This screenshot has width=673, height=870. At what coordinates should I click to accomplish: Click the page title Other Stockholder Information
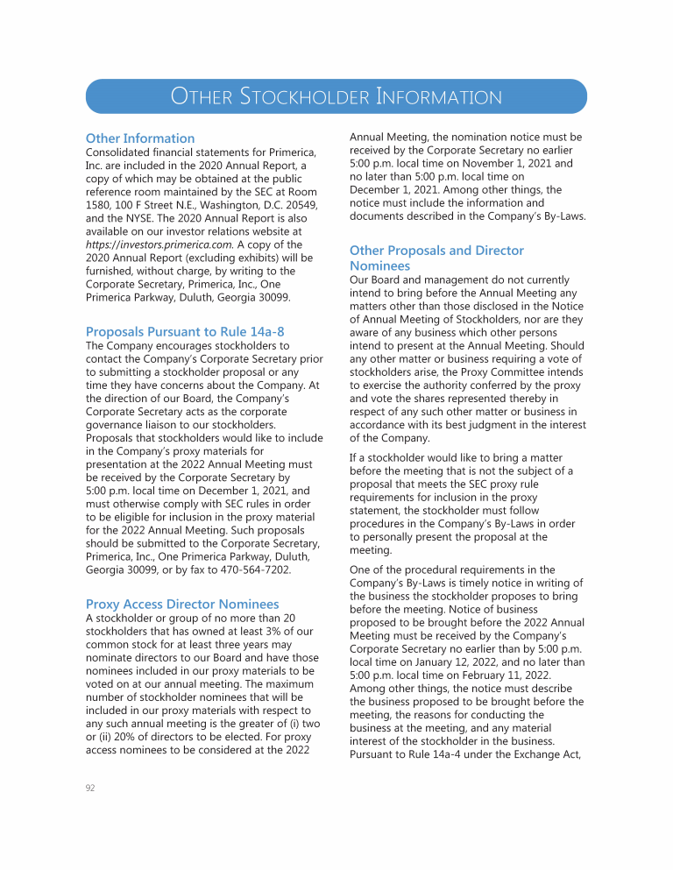click(336, 96)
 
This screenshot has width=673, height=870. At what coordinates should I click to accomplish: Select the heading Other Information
click(140, 138)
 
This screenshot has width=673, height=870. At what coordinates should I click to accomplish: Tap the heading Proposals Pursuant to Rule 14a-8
click(185, 332)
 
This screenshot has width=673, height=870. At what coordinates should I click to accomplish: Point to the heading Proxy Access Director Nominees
click(182, 605)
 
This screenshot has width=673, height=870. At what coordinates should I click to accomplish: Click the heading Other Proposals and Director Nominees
click(436, 258)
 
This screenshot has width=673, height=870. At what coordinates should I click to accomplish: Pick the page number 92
click(90, 789)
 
